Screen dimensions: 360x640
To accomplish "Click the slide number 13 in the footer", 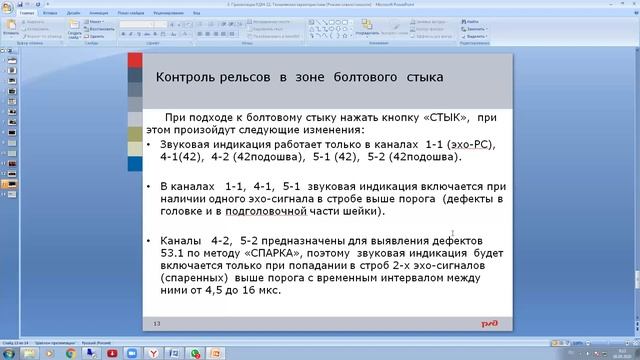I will (157, 324).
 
